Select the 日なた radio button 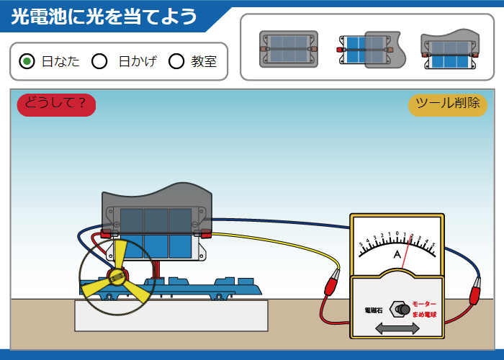pyautogui.click(x=27, y=61)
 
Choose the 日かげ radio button pyautogui.click(x=100, y=61)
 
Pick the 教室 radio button pyautogui.click(x=176, y=61)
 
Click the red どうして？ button pyautogui.click(x=56, y=104)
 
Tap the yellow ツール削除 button pyautogui.click(x=448, y=104)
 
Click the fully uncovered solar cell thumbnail pyautogui.click(x=288, y=49)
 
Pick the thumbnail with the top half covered pyautogui.click(x=450, y=49)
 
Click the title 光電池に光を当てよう pyautogui.click(x=104, y=16)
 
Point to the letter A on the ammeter pyautogui.click(x=397, y=255)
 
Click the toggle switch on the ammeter pyautogui.click(x=401, y=310)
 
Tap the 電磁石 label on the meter pyautogui.click(x=374, y=310)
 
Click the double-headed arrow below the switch pyautogui.click(x=397, y=328)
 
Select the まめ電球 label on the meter pyautogui.click(x=425, y=315)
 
